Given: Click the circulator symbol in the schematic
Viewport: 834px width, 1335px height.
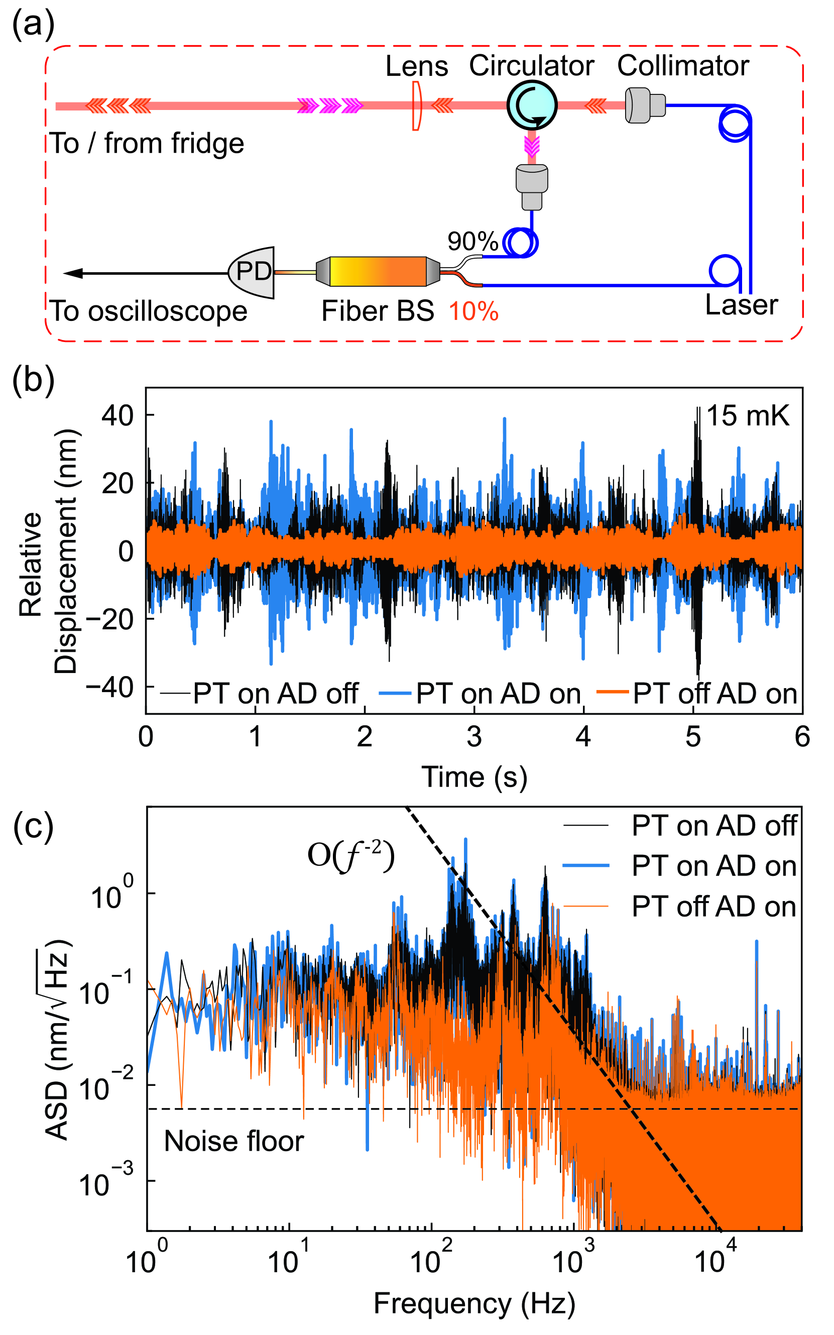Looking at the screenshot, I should click(532, 105).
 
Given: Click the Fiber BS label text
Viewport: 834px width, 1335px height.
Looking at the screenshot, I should click(378, 311).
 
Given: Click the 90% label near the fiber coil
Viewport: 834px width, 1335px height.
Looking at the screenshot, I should click(472, 242).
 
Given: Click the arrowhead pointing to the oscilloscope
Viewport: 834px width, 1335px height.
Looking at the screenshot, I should click(73, 273).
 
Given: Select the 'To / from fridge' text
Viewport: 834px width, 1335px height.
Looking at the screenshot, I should click(147, 144).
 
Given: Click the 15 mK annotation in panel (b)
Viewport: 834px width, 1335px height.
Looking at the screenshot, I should click(748, 416).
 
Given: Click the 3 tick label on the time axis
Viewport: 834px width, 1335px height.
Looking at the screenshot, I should click(474, 736).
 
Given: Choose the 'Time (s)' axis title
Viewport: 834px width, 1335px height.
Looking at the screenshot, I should click(474, 776).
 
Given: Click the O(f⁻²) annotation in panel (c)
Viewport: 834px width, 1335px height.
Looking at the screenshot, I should click(351, 856).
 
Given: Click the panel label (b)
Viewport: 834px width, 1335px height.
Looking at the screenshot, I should click(33, 380).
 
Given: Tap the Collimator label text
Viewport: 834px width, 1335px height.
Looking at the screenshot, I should click(683, 66).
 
